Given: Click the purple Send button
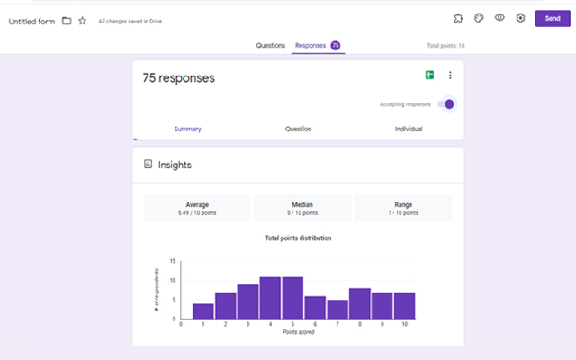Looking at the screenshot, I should pos(553,18).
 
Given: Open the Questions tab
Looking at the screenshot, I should pos(270,45).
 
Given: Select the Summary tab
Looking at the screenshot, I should pos(187,129).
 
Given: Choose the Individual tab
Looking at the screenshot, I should pos(409,129).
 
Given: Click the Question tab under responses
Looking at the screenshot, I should pos(298,129).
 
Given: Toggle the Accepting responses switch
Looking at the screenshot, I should pos(446,103).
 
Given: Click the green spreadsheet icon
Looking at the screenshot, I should pos(430,76).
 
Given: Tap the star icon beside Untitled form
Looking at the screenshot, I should pos(83,21).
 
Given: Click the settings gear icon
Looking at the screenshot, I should pos(520,18).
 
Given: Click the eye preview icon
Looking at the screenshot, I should pos(499,18).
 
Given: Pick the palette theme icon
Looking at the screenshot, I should pos(479,18).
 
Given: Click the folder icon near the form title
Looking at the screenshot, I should pos(67,21).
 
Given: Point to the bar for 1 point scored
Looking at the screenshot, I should pos(203,311).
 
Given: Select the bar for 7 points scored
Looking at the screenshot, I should pos(337,310).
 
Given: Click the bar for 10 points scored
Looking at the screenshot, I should pos(404,306).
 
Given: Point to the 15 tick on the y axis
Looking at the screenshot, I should pos(173,262).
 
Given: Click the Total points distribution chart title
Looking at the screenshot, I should pos(298,238).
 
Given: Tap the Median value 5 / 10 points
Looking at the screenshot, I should pos(302,213).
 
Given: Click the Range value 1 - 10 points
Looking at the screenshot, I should pos(403,213).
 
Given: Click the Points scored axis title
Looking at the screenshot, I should pos(298,332).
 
